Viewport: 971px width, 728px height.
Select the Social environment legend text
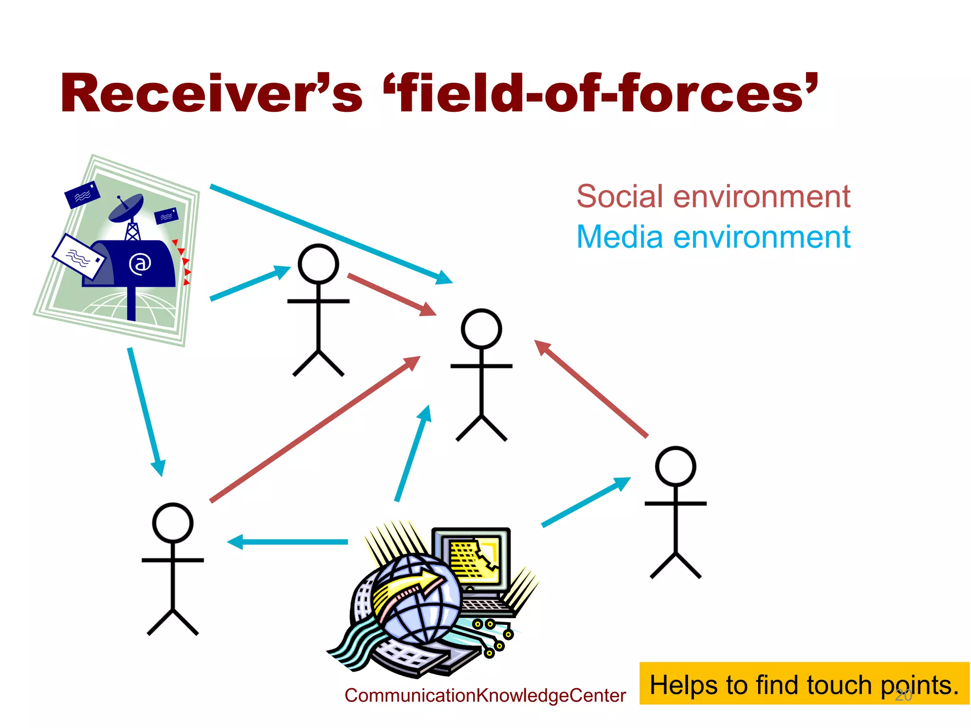click(713, 196)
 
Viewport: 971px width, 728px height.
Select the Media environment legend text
click(713, 237)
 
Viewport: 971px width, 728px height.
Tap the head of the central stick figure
click(481, 328)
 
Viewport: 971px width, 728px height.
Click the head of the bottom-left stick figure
click(173, 523)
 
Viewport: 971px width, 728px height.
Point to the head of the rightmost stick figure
click(675, 466)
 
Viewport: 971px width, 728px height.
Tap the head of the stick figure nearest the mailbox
click(318, 264)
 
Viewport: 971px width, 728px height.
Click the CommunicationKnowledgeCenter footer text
click(485, 695)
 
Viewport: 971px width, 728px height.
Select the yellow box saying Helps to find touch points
click(804, 683)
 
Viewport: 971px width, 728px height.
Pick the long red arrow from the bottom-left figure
click(315, 429)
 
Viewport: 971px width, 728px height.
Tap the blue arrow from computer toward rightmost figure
click(586, 502)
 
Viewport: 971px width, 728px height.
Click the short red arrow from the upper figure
click(391, 294)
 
